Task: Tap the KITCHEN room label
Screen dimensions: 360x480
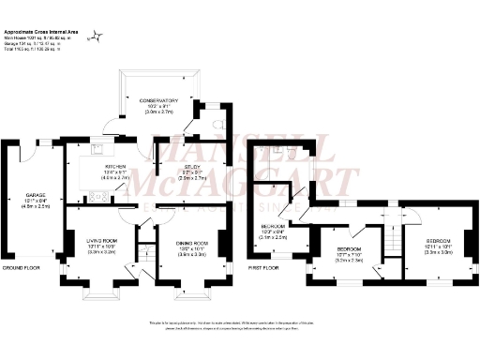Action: [115, 165]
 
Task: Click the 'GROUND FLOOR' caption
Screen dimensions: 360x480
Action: [20, 267]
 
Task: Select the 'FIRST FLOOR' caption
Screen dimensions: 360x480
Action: [266, 267]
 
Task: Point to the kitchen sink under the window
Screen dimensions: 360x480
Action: [97, 148]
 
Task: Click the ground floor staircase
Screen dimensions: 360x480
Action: [145, 252]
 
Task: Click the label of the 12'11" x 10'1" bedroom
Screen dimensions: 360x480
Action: [438, 247]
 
